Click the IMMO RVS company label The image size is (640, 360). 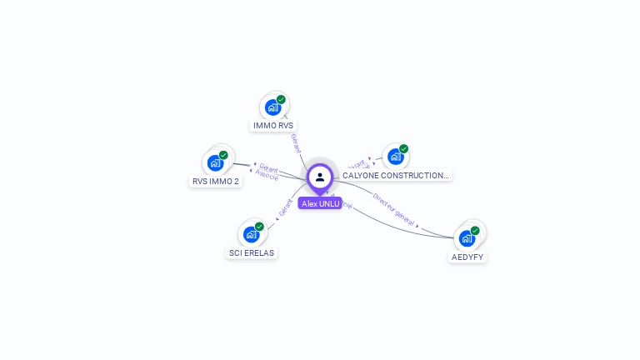tap(273, 126)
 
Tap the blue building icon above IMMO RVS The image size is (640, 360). tap(272, 107)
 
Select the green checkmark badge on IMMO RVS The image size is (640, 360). tap(281, 100)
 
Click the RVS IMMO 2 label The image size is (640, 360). tap(216, 181)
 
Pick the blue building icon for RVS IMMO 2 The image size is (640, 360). tap(215, 162)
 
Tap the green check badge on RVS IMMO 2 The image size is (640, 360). tap(223, 155)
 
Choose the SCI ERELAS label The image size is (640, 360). tap(252, 252)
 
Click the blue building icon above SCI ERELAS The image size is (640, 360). tap(251, 234)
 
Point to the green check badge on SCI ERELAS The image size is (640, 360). tap(259, 227)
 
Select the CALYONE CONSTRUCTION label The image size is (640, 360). tap(395, 176)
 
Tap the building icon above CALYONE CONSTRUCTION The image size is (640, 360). tap(395, 157)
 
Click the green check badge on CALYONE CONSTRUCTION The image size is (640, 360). tap(403, 149)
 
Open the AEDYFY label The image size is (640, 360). tap(467, 257)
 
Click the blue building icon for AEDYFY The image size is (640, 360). tap(467, 238)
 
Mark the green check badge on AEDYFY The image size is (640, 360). tap(475, 231)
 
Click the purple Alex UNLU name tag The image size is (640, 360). tap(320, 203)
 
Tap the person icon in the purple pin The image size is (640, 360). tap(320, 177)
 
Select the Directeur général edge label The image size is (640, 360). tap(393, 211)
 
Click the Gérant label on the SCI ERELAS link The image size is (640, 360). tap(286, 207)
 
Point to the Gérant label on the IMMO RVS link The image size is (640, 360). tap(296, 143)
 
